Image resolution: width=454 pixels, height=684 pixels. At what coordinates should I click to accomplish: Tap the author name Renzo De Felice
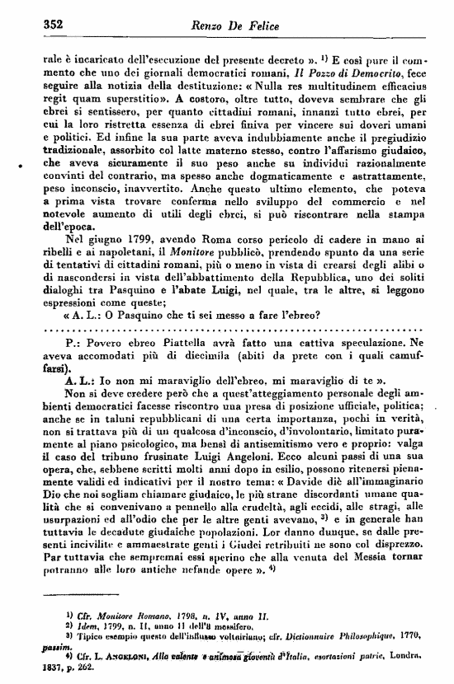pyautogui.click(x=251, y=25)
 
